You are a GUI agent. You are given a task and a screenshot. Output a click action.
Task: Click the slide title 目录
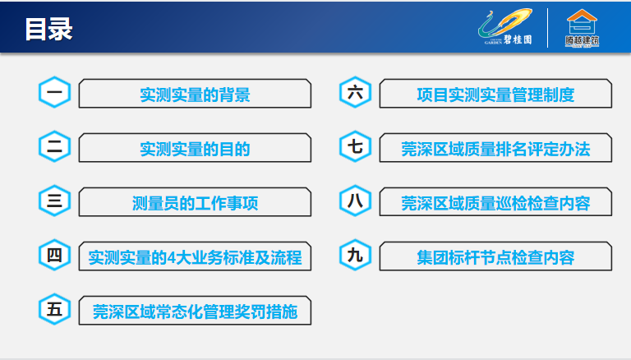[x=48, y=29]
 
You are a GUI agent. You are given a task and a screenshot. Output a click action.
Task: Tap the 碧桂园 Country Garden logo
[x=505, y=27]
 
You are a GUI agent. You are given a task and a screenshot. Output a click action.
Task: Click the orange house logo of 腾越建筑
[x=582, y=28]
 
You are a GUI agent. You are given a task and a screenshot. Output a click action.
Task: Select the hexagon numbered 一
[x=55, y=92]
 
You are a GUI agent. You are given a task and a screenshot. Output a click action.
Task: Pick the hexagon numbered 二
[x=55, y=146]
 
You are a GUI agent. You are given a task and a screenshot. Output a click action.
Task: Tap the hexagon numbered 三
[x=55, y=201]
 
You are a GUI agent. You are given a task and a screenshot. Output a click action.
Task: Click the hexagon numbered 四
[x=55, y=255]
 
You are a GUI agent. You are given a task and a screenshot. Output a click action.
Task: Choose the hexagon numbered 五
[x=55, y=309]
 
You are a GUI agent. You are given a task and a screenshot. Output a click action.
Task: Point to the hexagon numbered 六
[x=355, y=92]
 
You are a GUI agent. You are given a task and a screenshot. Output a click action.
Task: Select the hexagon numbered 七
[x=355, y=146]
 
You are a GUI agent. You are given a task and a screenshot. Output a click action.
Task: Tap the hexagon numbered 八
[x=355, y=201]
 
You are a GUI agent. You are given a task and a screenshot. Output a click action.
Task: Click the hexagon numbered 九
[x=355, y=255]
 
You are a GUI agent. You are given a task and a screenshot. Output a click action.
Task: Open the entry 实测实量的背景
[x=196, y=94]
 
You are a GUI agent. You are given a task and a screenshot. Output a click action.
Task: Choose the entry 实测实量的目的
[x=196, y=148]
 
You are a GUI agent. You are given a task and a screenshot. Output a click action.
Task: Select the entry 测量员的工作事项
[x=196, y=202]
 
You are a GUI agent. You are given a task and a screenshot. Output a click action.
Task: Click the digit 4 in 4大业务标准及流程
[x=172, y=258]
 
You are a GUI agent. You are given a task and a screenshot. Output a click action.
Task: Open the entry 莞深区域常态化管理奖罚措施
[x=196, y=311]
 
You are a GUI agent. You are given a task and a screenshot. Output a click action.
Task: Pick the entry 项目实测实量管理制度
[x=495, y=94]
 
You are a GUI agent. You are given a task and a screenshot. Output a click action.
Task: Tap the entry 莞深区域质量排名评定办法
[x=495, y=148]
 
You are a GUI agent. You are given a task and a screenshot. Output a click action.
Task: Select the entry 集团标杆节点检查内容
[x=495, y=256]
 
